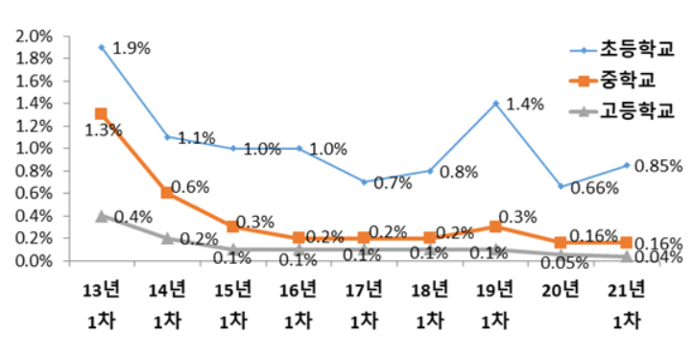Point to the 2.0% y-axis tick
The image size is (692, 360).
point(30,36)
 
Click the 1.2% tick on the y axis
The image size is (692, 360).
point(30,126)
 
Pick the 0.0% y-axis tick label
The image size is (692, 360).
point(30,260)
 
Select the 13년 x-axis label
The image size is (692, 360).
point(101,291)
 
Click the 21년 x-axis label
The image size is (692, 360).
point(629,291)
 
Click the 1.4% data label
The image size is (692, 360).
point(526,104)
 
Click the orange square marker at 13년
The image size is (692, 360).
point(101,114)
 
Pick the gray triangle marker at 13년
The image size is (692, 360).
point(101,216)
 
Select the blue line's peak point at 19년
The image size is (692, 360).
point(496,103)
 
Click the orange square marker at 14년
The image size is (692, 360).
point(167,193)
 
